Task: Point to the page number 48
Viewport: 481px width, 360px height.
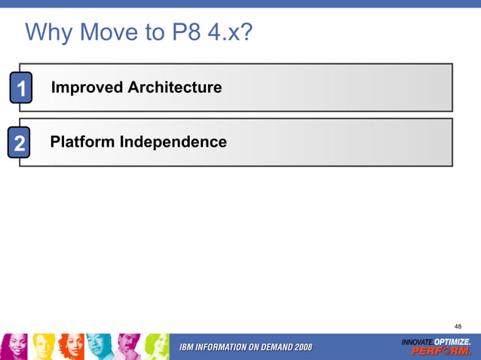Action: click(x=458, y=326)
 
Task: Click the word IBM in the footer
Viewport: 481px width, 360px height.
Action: click(x=188, y=346)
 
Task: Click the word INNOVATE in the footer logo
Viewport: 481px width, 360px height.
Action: click(x=416, y=343)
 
